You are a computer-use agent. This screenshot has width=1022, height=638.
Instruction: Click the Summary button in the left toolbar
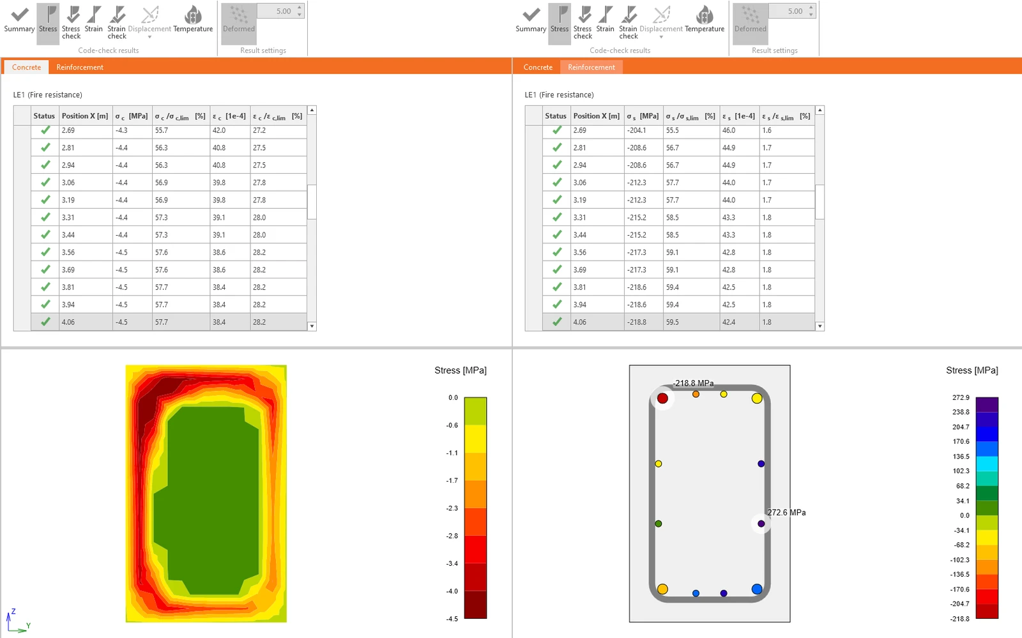tap(19, 20)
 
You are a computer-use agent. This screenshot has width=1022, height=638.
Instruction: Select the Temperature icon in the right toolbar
tap(705, 20)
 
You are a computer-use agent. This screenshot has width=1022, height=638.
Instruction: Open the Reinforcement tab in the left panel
tap(80, 67)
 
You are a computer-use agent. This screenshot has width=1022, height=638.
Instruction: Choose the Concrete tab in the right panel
tap(537, 67)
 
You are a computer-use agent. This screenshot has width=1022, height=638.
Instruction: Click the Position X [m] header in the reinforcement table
tap(597, 116)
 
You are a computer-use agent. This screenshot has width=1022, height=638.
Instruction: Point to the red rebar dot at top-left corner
tap(662, 398)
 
